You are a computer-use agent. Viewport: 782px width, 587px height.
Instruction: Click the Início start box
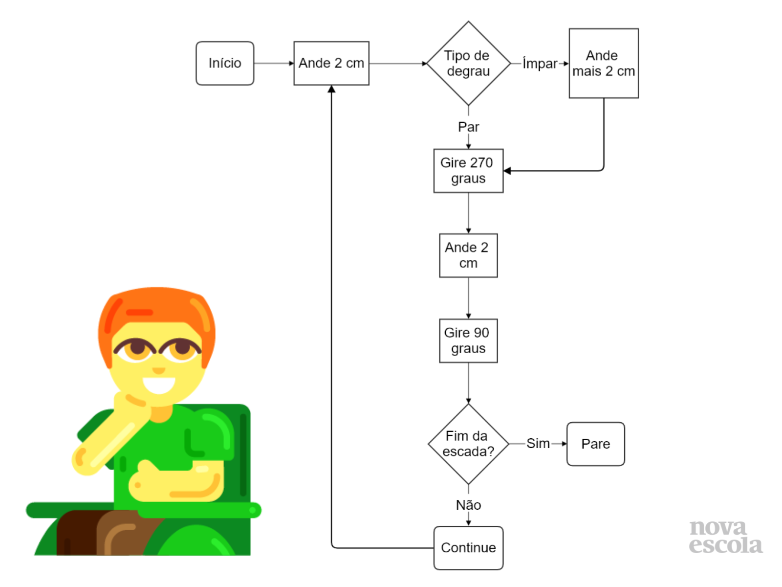click(225, 63)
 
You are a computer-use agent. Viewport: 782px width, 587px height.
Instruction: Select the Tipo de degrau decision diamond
click(468, 63)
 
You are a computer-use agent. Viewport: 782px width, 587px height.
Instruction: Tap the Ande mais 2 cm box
click(604, 63)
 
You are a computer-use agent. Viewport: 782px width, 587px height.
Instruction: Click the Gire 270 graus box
click(468, 170)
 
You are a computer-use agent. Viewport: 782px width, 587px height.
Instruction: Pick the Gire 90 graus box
click(468, 340)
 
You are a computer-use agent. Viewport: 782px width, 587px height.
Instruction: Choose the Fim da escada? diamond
click(468, 444)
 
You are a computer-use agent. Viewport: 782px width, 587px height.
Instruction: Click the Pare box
click(595, 444)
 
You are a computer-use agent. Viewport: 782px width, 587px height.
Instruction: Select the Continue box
click(468, 547)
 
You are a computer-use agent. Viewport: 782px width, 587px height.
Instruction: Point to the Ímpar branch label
click(540, 64)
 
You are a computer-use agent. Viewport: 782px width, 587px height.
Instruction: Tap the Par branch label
click(468, 127)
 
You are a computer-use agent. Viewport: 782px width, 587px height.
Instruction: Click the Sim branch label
click(538, 443)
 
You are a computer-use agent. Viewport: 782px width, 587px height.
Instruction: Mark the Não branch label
click(468, 505)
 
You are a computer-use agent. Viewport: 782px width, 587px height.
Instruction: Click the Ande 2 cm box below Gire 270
click(468, 255)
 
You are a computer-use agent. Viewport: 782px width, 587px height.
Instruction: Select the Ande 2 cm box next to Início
click(331, 63)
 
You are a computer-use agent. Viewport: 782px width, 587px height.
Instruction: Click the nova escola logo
click(725, 537)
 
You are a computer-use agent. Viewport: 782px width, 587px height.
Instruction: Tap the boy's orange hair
click(156, 306)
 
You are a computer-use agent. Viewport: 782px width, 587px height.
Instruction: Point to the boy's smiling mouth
click(158, 384)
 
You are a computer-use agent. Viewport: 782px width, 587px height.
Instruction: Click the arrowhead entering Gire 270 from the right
click(507, 171)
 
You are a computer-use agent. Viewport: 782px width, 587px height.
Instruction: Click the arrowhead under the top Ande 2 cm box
click(331, 89)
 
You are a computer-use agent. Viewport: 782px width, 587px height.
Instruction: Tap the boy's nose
click(158, 370)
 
